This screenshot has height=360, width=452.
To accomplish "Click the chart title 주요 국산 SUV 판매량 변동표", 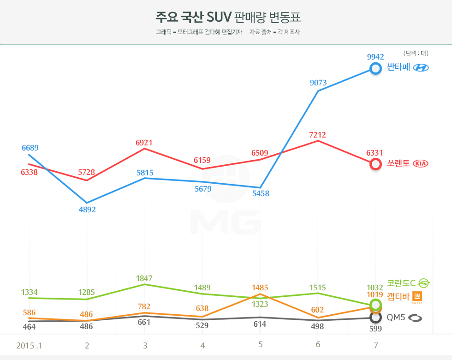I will (228, 18).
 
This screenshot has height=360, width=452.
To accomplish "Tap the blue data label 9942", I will (375, 57).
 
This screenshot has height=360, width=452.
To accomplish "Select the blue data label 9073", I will (318, 83).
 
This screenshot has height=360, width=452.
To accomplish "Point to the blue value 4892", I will (87, 210).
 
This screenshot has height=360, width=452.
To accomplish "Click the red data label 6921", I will (144, 143).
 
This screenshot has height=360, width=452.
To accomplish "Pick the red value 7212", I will (318, 135).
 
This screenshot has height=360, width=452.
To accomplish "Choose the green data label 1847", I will (144, 278).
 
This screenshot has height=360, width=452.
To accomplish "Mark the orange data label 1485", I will (260, 288).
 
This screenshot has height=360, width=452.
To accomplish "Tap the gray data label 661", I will (144, 322).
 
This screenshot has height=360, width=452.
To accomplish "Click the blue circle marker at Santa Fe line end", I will (376, 69).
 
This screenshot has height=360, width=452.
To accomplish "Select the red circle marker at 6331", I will (376, 164).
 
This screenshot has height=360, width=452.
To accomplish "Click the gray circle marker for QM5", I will (376, 318).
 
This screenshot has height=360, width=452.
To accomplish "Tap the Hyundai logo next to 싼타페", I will (421, 68).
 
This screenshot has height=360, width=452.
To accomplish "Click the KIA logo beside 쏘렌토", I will (421, 163).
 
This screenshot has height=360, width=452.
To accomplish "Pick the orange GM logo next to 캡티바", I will (417, 296).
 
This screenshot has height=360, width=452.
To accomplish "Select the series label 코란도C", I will (401, 283).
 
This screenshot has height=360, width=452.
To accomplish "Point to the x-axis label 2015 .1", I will (29, 345).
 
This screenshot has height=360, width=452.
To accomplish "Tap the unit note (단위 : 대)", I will (416, 53).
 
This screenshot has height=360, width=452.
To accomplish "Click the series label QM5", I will (396, 318).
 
